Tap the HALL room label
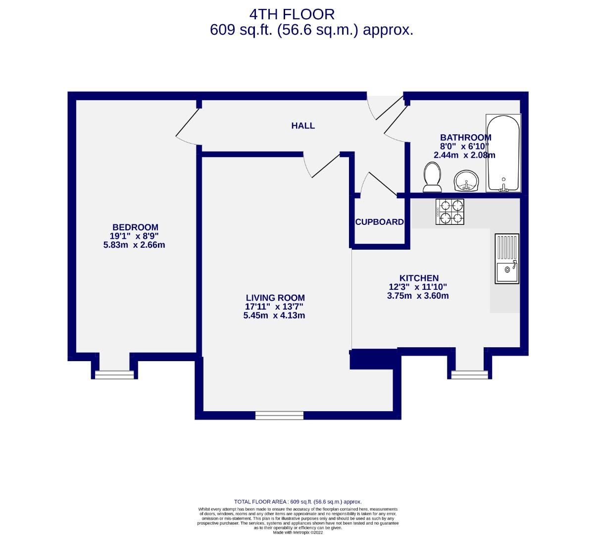coord(302,126)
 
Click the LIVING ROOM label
coord(275,298)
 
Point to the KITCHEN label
coord(419,278)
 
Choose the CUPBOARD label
coord(380,222)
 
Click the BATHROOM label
coord(465,138)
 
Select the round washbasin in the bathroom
coord(466,181)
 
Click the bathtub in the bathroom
coord(503,153)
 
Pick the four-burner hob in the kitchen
coord(450,212)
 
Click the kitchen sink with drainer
coord(507,258)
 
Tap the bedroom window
coord(115,375)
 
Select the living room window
coord(279,416)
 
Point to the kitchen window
coord(469,375)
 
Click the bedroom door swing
coord(187,127)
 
